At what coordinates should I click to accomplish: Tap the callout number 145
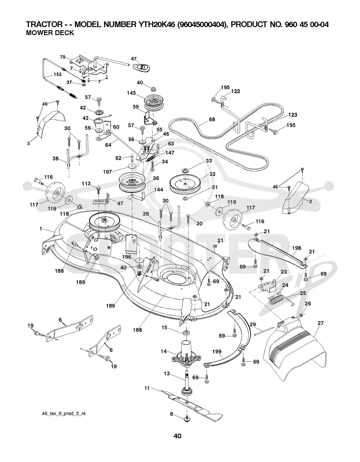click(x=131, y=93)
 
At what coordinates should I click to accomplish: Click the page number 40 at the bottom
click(x=177, y=436)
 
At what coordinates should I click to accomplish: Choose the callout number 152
click(x=57, y=75)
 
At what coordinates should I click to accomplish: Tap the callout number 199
click(x=217, y=351)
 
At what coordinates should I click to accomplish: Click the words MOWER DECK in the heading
click(x=50, y=33)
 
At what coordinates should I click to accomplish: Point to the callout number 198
click(x=296, y=248)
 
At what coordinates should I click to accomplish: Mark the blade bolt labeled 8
click(x=187, y=419)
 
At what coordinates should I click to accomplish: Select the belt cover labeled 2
click(x=296, y=197)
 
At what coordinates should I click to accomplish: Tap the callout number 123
click(x=293, y=115)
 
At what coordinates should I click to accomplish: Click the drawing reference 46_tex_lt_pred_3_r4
click(x=64, y=414)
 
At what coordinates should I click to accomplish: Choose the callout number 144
click(x=158, y=190)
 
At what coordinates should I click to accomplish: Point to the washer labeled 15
click(x=186, y=332)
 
